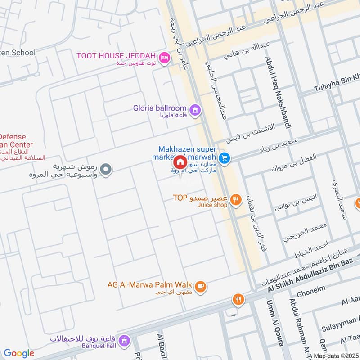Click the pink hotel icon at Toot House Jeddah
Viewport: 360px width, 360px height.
pyautogui.click(x=165, y=57)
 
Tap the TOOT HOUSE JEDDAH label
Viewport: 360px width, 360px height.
pyautogui.click(x=116, y=56)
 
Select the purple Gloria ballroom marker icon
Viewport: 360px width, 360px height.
pyautogui.click(x=195, y=109)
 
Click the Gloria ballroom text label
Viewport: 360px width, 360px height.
pyautogui.click(x=160, y=108)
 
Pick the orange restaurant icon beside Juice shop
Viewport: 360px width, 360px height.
pyautogui.click(x=235, y=199)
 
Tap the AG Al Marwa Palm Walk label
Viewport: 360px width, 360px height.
pyautogui.click(x=150, y=284)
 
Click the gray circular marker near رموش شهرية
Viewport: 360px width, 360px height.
pyautogui.click(x=106, y=169)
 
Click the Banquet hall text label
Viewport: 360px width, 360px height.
pyautogui.click(x=99, y=346)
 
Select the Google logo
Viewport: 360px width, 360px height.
pyautogui.click(x=19, y=353)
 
